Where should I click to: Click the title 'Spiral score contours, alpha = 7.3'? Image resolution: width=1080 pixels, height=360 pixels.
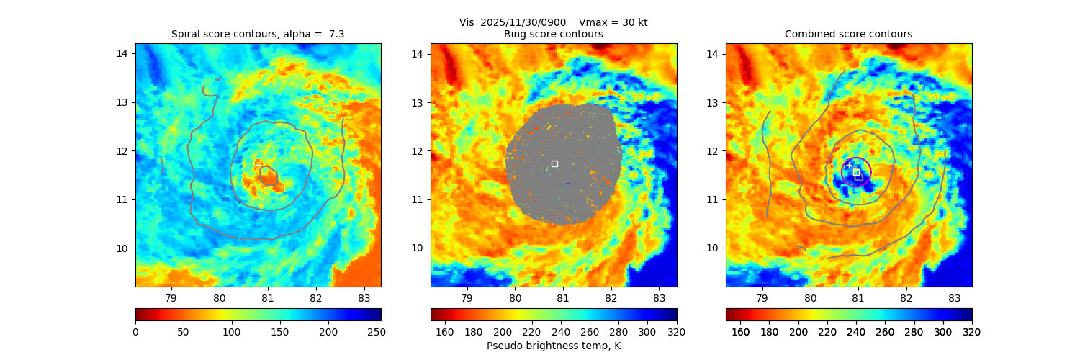tap(258, 34)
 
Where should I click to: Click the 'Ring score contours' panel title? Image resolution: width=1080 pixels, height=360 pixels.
tap(554, 34)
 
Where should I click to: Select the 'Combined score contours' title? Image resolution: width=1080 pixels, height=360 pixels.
tap(848, 34)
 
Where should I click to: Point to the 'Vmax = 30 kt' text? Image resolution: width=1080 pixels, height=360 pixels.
tap(613, 22)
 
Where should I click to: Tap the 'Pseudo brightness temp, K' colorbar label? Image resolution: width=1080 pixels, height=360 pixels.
tap(554, 346)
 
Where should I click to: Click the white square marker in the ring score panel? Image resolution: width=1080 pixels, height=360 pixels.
tap(554, 163)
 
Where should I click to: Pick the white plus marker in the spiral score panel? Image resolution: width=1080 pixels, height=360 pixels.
tap(258, 165)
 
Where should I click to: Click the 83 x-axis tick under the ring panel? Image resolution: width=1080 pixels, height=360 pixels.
tap(659, 297)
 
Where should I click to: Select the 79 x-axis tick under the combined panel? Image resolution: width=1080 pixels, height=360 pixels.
tap(762, 297)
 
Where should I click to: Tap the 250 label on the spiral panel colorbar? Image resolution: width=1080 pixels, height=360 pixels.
tap(375, 332)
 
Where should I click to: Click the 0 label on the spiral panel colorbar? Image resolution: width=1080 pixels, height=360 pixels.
tap(135, 332)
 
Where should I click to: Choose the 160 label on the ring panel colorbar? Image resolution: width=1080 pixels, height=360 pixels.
tap(445, 332)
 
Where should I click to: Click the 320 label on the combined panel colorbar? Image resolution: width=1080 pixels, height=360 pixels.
tap(972, 332)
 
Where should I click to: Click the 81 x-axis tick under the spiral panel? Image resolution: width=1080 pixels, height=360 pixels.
tap(267, 297)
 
